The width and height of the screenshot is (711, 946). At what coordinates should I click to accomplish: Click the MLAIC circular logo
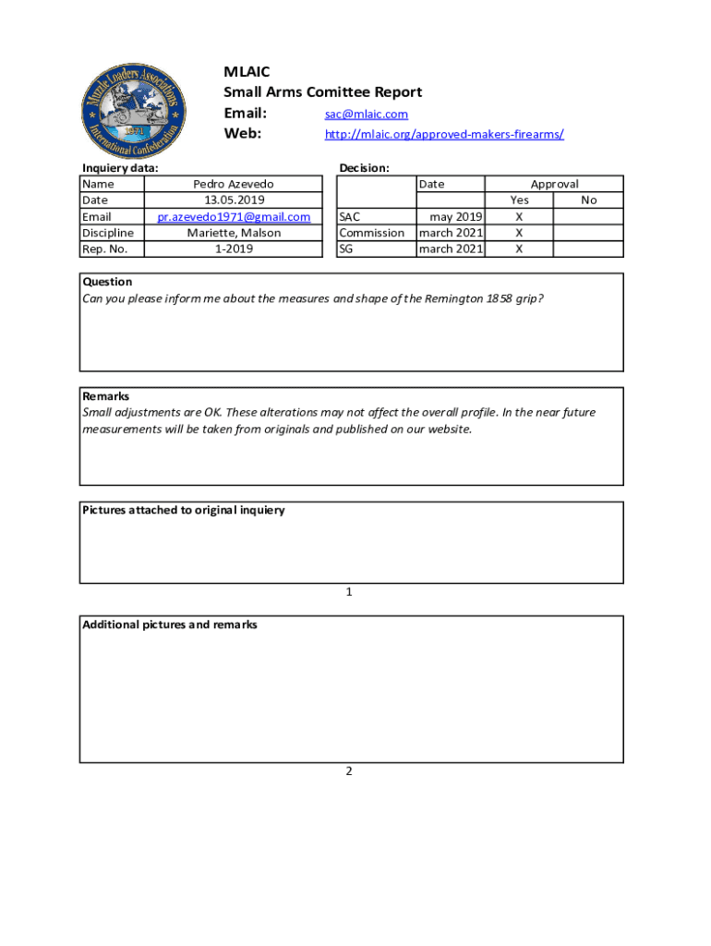[x=137, y=113]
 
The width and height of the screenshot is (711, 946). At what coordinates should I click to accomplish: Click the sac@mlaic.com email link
[x=366, y=115]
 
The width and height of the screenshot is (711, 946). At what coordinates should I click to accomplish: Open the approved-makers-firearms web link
[x=444, y=135]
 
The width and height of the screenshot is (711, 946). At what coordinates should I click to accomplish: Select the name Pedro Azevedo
[x=233, y=185]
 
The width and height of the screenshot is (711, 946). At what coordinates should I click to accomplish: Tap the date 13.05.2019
[x=233, y=200]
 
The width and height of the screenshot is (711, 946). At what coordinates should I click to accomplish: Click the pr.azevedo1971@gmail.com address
[x=233, y=217]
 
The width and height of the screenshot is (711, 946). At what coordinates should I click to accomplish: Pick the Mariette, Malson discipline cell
[x=233, y=233]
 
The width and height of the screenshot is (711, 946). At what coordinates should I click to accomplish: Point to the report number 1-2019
[x=233, y=249]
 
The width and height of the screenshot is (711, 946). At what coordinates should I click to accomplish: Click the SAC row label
[x=350, y=217]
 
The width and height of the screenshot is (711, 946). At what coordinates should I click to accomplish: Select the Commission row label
[x=371, y=233]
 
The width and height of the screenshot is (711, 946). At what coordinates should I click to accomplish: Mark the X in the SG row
[x=519, y=249]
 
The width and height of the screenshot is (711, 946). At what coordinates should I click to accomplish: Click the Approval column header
[x=554, y=185]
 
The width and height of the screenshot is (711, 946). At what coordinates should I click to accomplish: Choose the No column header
[x=588, y=200]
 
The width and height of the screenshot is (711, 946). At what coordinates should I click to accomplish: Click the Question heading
[x=107, y=282]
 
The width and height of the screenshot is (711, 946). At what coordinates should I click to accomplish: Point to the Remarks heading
[x=105, y=396]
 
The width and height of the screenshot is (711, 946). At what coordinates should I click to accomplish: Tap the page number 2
[x=349, y=771]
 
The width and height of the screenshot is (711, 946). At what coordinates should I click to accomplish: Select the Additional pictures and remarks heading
[x=170, y=625]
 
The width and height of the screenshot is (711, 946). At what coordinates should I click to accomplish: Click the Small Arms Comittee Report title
[x=322, y=92]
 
